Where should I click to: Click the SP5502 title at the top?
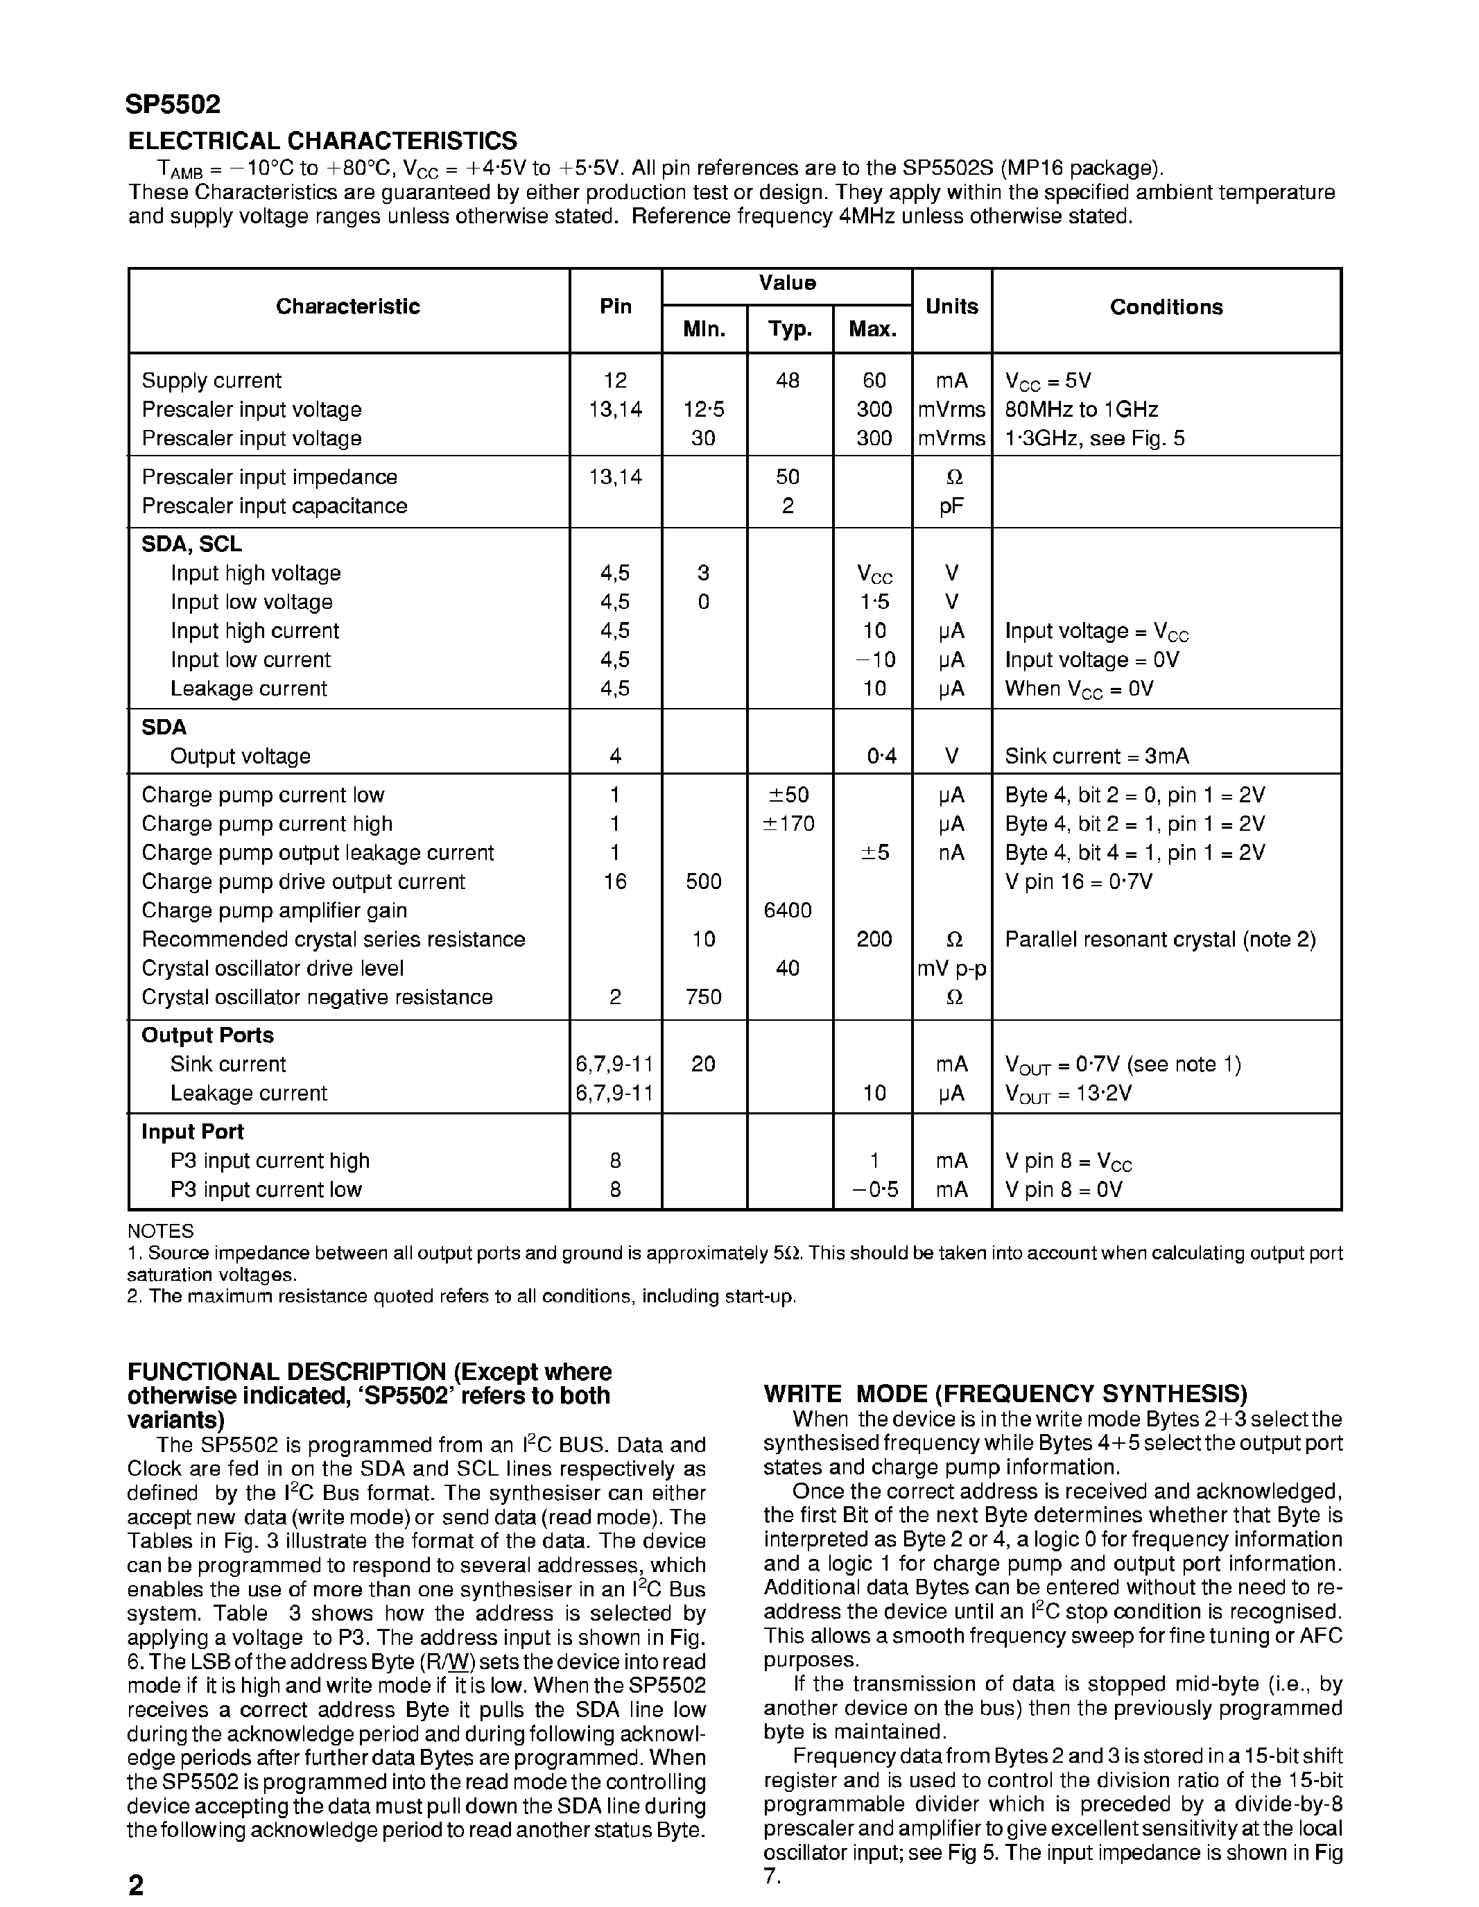pos(173,105)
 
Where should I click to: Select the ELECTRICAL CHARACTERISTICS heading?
pos(322,141)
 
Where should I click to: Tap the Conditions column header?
pos(1166,307)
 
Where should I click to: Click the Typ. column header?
pos(789,329)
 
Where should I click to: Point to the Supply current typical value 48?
pos(788,381)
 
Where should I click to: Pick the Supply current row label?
pos(211,381)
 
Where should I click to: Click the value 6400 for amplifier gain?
pos(788,911)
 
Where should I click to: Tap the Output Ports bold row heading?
pos(208,1035)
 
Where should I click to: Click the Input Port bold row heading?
pos(193,1132)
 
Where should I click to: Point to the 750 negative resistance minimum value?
pos(704,997)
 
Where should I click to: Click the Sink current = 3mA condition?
pos(1096,756)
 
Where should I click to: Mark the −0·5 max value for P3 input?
pos(874,1189)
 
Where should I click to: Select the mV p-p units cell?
pos(951,968)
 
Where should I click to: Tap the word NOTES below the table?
pos(161,1231)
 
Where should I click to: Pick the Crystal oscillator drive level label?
pos(273,968)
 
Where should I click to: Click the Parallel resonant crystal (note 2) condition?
pos(1160,940)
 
